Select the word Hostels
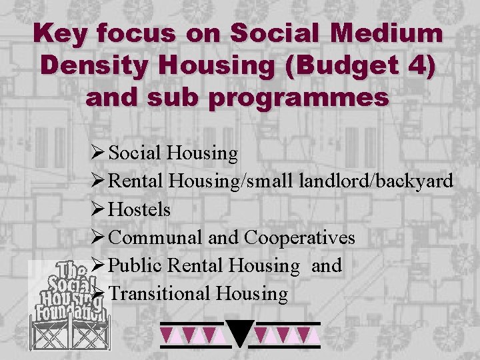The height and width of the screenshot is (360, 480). [139, 210]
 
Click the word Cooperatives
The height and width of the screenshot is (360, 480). [300, 238]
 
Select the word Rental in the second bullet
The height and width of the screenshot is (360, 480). [136, 181]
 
